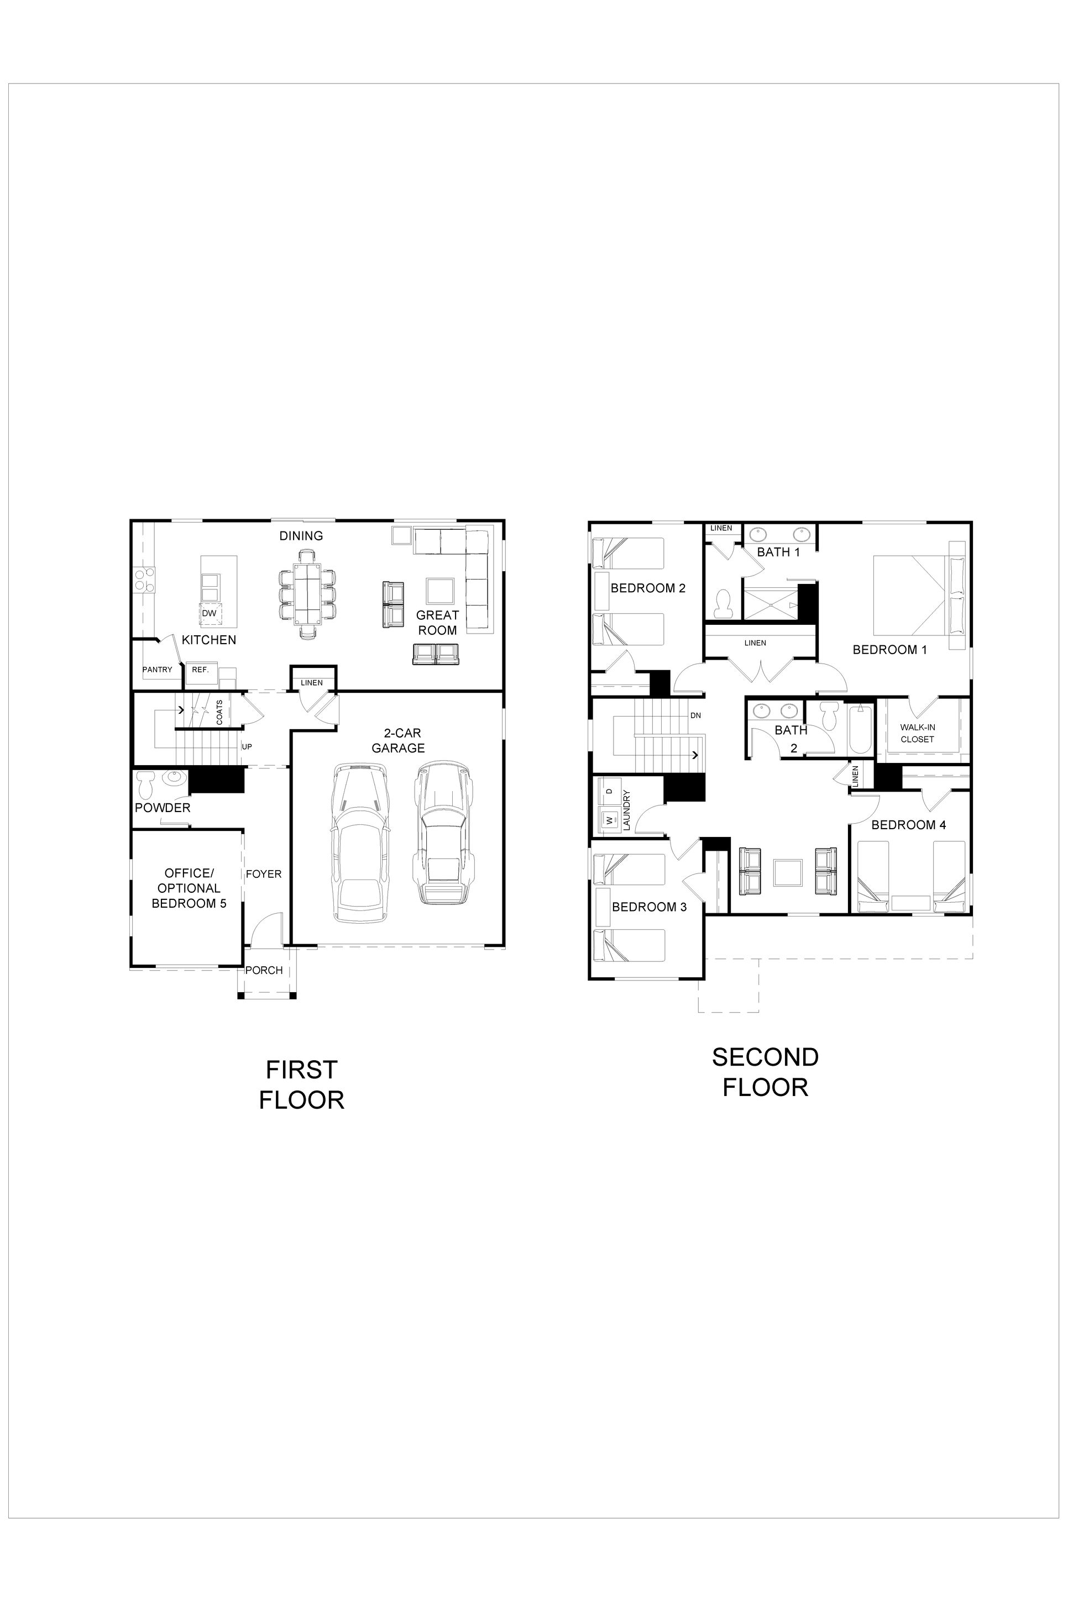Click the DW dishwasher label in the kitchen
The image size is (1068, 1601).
[x=209, y=613]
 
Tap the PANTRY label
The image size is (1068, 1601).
[x=158, y=670]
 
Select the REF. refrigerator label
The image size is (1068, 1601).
[x=200, y=670]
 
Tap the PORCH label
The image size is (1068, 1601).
[x=264, y=970]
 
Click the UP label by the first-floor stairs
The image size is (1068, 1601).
[x=247, y=747]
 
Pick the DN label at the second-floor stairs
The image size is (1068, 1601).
[x=695, y=715]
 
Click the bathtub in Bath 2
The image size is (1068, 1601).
[x=860, y=729]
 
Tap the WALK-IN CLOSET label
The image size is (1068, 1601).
[x=918, y=733]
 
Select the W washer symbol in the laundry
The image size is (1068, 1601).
[x=609, y=821]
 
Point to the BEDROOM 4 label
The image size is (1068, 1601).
[x=909, y=825]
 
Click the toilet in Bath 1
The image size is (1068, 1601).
[x=723, y=602]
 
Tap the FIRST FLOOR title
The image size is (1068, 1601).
[x=302, y=1085]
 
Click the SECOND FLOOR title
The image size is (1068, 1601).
[x=765, y=1072]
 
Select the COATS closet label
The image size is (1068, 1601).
[x=219, y=712]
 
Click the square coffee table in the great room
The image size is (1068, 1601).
[x=441, y=591]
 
